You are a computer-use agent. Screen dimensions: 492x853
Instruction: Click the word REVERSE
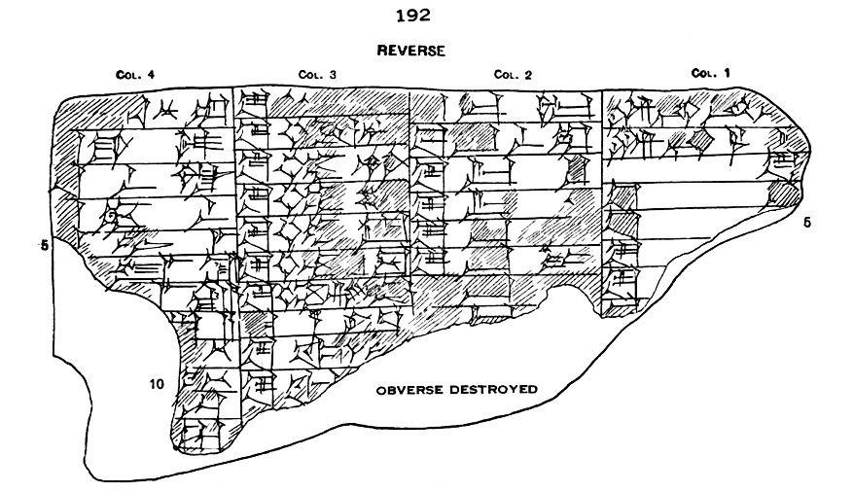pos(410,52)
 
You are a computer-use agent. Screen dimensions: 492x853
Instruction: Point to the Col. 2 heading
pos(512,74)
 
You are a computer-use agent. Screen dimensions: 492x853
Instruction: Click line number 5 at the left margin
pos(44,245)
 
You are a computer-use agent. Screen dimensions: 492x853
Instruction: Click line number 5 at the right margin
pos(806,223)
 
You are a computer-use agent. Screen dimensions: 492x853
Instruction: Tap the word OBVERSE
pos(410,389)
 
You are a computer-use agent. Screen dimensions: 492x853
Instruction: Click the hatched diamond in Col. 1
pos(702,142)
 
